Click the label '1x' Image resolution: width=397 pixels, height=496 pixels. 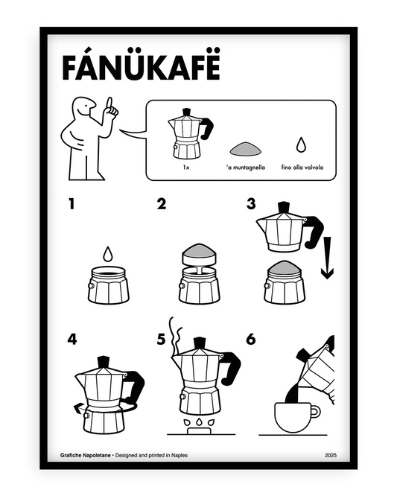185,168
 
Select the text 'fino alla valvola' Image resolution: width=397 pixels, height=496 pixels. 302,168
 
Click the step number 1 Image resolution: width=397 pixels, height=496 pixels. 72,204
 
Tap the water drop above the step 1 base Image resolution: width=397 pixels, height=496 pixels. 108,254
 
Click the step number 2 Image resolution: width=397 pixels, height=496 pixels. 161,204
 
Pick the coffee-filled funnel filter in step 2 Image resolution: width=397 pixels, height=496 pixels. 200,254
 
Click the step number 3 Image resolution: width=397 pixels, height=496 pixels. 250,204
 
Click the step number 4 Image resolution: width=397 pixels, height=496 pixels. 72,339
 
